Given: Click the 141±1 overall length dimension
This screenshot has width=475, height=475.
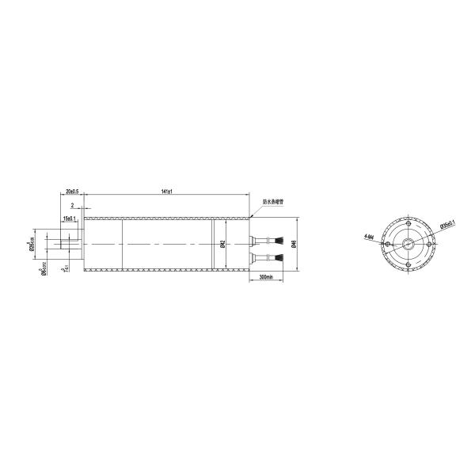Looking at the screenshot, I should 166,192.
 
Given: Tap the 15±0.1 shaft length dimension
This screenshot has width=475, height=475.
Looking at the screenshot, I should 69,217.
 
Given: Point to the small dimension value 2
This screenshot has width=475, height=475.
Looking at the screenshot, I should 72,204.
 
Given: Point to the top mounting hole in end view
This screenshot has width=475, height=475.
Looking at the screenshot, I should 408,224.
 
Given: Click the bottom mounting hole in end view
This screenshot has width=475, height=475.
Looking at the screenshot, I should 408,264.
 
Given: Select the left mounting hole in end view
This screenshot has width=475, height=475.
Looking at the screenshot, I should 388,245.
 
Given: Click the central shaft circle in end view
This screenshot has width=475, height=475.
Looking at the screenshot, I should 408,245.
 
